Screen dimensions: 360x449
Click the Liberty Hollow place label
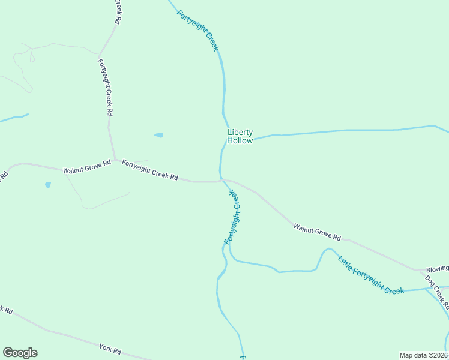pos(240,137)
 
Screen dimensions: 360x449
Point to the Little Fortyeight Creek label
pos(370,275)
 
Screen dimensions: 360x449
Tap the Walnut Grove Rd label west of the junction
pos(87,167)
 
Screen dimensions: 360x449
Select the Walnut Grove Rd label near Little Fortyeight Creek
pos(317,232)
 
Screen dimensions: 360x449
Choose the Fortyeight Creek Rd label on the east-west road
pos(150,170)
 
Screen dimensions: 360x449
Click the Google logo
pos(20,353)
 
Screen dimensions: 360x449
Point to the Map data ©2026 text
pos(423,355)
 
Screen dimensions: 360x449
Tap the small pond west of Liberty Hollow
pos(158,135)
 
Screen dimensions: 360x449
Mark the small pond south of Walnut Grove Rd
pos(47,185)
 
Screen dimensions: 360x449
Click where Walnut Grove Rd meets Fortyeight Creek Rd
pos(115,160)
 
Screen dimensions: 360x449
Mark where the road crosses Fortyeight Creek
pos(222,180)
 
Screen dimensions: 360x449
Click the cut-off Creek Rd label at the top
pos(118,11)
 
